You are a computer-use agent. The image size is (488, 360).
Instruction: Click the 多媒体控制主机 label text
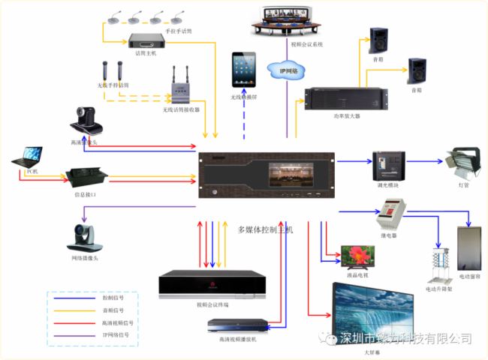point(264,229)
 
